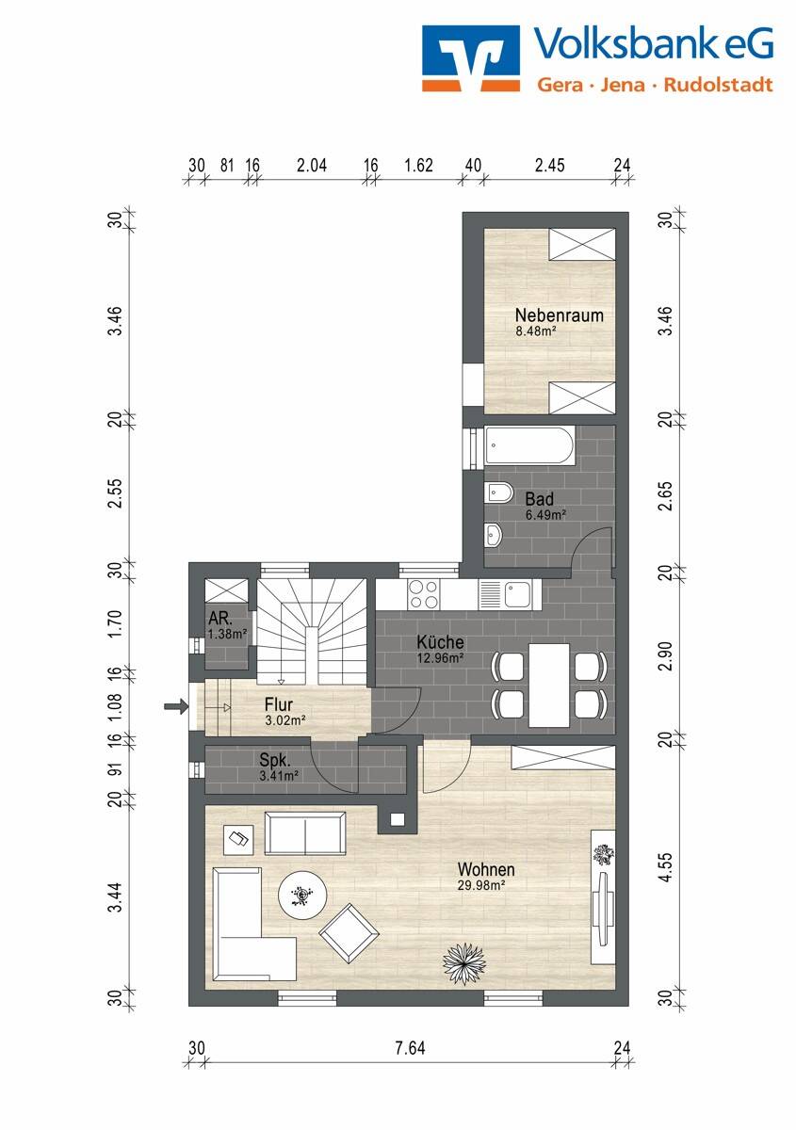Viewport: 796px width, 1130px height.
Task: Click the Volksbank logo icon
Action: pos(471,58)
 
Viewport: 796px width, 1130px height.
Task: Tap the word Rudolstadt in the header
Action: pos(718,84)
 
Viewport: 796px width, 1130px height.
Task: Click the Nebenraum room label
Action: pos(560,315)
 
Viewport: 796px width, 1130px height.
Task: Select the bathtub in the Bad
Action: pos(529,446)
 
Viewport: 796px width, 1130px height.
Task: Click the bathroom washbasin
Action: pos(494,535)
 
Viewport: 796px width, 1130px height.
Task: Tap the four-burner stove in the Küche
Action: pos(424,594)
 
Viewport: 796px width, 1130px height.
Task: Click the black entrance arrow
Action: pos(176,707)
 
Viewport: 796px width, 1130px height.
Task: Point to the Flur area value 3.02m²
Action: pos(285,720)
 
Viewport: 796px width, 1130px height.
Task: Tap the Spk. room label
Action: pos(274,760)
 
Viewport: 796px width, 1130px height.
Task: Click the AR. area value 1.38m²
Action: pos(227,634)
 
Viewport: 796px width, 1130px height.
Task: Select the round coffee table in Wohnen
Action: pos(302,895)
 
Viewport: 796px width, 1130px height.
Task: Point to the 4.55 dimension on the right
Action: pos(666,867)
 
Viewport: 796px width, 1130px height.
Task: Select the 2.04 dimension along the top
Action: pos(312,165)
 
